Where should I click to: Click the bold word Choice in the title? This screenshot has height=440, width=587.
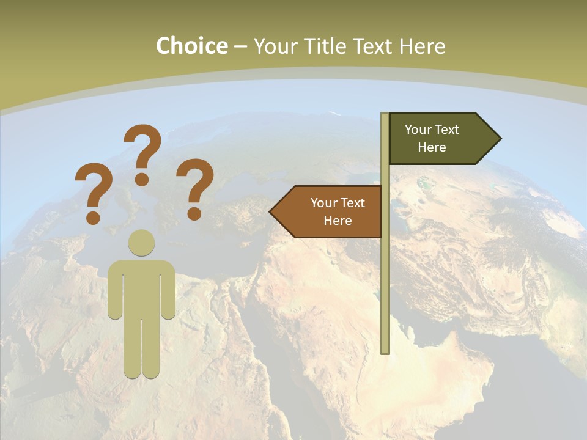[x=191, y=46]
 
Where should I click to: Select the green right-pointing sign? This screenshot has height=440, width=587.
[x=440, y=139]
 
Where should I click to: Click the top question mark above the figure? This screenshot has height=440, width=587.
[x=143, y=150]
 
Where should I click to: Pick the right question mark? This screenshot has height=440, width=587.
[x=195, y=183]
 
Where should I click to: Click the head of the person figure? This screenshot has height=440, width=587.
[x=141, y=243]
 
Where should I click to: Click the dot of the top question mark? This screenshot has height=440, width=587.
[x=142, y=179]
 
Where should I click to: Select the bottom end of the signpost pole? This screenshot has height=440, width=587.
[x=385, y=350]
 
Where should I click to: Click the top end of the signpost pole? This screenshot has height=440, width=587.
[x=385, y=116]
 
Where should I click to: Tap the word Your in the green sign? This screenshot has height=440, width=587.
[x=418, y=130]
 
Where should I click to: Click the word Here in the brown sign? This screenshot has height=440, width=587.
[x=338, y=221]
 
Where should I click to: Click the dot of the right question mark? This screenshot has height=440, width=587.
[x=194, y=213]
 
